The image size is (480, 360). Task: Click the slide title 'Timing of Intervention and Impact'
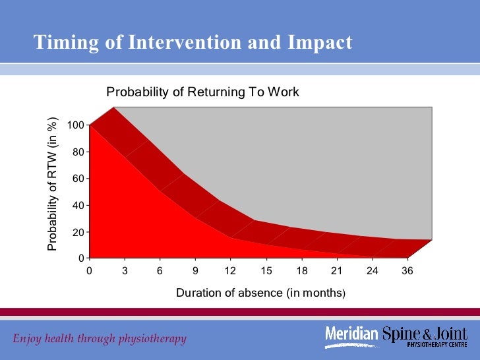(x=193, y=42)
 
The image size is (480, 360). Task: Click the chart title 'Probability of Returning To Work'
(x=203, y=92)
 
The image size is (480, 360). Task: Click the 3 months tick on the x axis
(x=125, y=270)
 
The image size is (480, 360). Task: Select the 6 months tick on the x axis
(x=160, y=270)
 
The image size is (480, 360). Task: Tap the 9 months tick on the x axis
(x=196, y=270)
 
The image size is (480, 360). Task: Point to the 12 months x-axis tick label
(x=231, y=270)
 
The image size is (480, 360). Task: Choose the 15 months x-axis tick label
(x=266, y=270)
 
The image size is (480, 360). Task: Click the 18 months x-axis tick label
(x=301, y=270)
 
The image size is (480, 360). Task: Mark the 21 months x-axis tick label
(x=337, y=270)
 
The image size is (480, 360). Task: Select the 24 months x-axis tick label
(x=372, y=270)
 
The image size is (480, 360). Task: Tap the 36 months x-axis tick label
(x=407, y=270)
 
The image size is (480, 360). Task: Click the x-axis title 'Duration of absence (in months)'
(x=260, y=293)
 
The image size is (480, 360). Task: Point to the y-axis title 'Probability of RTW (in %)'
(x=52, y=184)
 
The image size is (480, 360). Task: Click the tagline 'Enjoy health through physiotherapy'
(x=100, y=339)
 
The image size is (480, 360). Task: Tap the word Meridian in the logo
(x=353, y=335)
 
